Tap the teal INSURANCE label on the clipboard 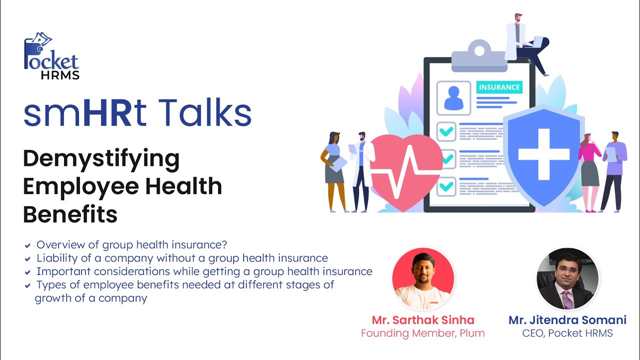point(499,87)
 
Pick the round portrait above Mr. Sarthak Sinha point(423,278)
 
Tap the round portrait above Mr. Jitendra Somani point(567,278)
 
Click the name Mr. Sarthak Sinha point(423,320)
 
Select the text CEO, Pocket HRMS point(567,333)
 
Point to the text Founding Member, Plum point(423,333)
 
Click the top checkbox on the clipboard point(446,131)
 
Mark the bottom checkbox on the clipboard point(446,187)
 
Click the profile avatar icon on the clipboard point(453,97)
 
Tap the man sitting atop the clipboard point(522,42)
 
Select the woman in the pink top point(589,170)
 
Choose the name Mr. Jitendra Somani point(567,320)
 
